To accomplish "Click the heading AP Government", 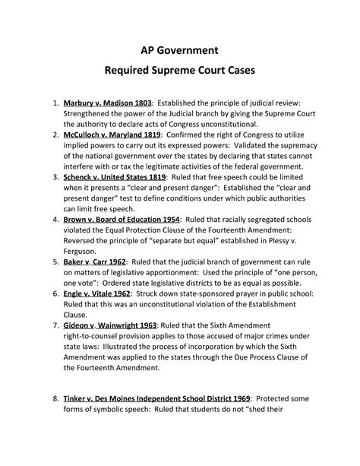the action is pyautogui.click(x=179, y=51).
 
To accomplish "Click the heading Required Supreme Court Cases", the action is pyautogui.click(x=179, y=76).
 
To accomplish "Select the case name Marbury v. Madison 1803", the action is pyautogui.click(x=109, y=102).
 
